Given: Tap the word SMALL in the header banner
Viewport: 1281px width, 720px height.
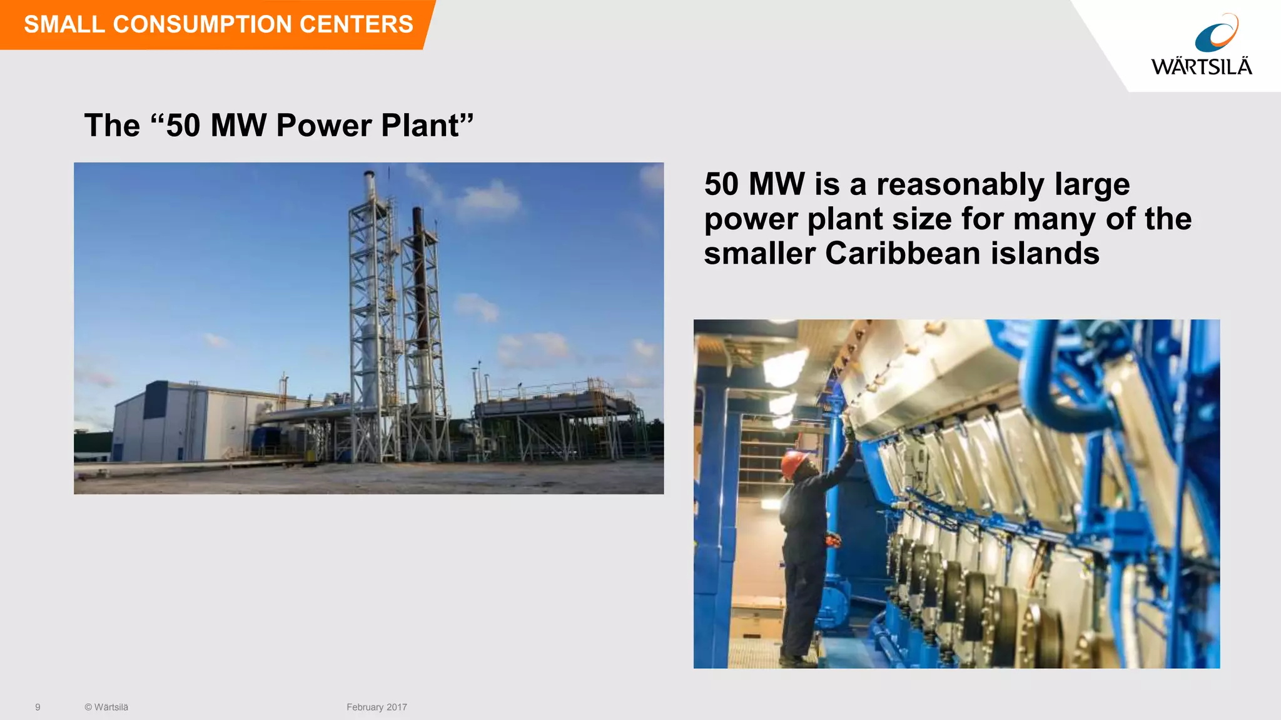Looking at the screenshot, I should click(64, 24).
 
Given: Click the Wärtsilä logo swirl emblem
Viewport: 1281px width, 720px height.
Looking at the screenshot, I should click(1216, 34).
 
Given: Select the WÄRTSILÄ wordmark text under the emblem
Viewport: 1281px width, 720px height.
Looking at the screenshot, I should click(1201, 67).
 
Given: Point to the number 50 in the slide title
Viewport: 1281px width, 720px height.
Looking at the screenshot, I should click(183, 125).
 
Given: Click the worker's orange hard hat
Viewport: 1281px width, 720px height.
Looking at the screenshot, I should click(792, 464).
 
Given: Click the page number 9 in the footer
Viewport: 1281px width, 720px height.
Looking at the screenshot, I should click(38, 707).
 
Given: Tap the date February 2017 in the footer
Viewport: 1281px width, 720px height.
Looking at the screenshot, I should click(377, 707).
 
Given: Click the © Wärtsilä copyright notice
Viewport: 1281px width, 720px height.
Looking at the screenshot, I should click(106, 707).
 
